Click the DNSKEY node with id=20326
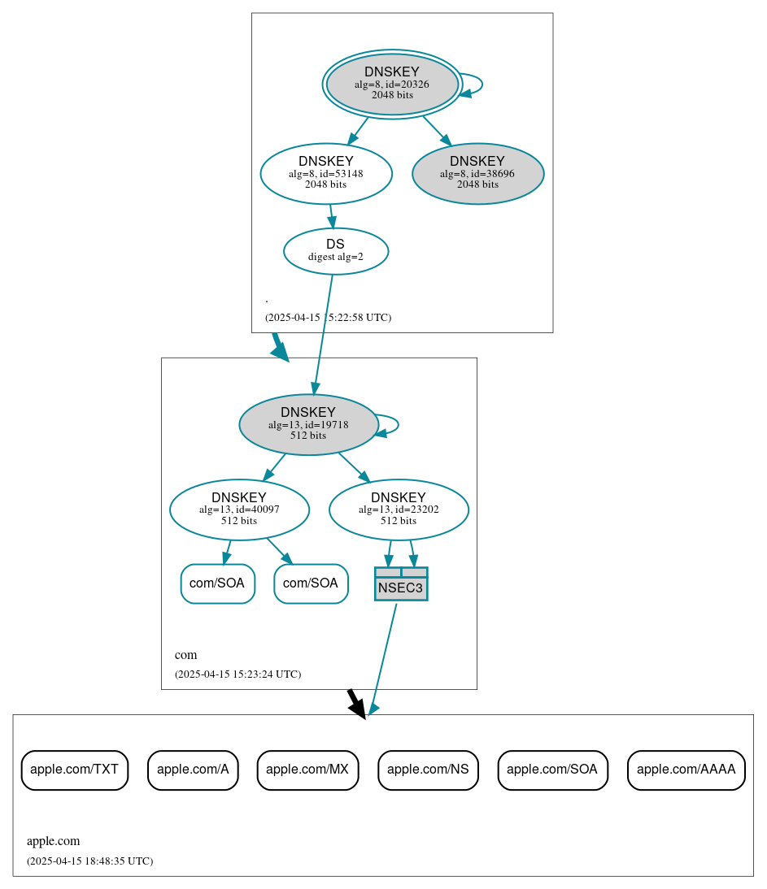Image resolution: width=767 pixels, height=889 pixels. click(x=392, y=84)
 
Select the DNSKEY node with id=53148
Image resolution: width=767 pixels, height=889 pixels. click(x=326, y=173)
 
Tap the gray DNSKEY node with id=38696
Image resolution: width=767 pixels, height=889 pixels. click(x=477, y=173)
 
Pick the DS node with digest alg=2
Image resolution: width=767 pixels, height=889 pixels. click(x=335, y=251)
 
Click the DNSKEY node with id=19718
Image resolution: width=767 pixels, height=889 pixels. click(x=308, y=424)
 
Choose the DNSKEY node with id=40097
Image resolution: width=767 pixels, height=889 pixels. click(x=239, y=510)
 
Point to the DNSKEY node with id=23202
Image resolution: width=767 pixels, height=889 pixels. click(x=399, y=510)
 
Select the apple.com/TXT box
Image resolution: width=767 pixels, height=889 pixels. click(x=74, y=770)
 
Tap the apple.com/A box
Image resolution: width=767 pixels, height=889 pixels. click(x=193, y=770)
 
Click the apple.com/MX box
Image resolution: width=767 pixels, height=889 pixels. click(x=307, y=770)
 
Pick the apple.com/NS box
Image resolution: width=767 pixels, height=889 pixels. click(x=428, y=770)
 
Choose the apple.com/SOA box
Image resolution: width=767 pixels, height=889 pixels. click(x=552, y=770)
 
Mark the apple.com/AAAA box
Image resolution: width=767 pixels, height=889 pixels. click(x=686, y=770)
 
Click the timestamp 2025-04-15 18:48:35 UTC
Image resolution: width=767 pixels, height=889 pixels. click(x=89, y=861)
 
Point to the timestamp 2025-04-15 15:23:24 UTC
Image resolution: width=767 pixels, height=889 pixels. click(x=238, y=674)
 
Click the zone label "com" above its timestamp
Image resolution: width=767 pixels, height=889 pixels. click(x=185, y=655)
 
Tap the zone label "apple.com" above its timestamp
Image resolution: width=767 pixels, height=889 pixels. click(x=53, y=842)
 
